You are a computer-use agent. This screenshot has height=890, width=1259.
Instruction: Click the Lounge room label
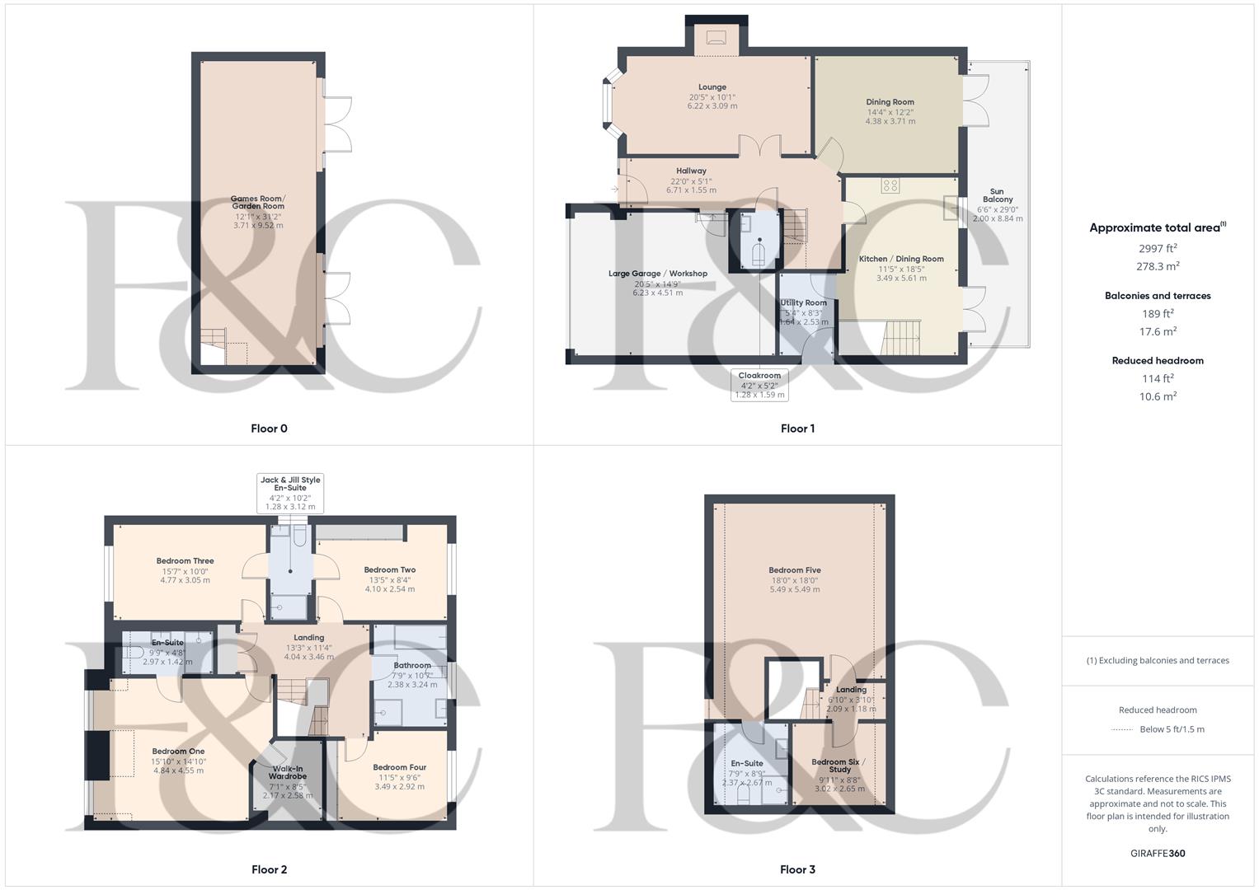[712, 87]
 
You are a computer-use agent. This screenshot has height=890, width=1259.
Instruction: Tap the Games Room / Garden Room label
[258, 203]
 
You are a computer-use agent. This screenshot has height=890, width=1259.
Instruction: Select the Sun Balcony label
[997, 195]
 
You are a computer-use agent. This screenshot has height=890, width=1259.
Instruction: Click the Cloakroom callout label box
[759, 385]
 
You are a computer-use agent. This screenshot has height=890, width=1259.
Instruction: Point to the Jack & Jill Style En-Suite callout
[290, 493]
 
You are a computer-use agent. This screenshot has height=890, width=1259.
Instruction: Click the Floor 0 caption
[269, 429]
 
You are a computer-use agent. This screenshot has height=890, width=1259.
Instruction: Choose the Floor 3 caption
[797, 869]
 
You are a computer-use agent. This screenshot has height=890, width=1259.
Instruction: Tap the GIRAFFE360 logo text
[1158, 854]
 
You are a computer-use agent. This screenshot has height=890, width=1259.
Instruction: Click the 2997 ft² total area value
[1158, 248]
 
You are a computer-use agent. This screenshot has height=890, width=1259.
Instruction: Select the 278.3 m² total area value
[1158, 267]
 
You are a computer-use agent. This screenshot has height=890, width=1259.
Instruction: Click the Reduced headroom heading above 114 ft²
[1158, 361]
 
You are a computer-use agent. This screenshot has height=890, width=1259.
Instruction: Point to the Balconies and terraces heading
[1158, 296]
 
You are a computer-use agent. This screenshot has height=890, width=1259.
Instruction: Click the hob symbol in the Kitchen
[890, 185]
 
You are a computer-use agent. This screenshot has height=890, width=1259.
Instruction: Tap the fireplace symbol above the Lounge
[716, 36]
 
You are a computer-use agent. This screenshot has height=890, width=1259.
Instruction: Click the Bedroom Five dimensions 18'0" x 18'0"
[795, 580]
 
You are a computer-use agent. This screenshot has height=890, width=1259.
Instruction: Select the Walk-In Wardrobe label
[287, 772]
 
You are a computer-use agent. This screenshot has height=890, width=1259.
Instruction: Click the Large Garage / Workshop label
[658, 274]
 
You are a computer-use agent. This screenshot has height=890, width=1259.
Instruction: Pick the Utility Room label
[804, 302]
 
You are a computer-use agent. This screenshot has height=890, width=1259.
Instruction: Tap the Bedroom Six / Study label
[839, 766]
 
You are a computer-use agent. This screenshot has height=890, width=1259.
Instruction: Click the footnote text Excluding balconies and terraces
[1158, 660]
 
